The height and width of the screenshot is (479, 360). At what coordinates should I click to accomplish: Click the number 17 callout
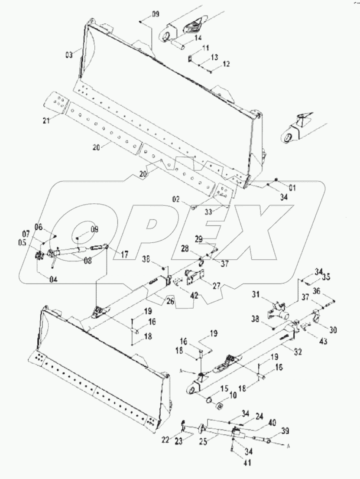(x=125, y=255)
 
